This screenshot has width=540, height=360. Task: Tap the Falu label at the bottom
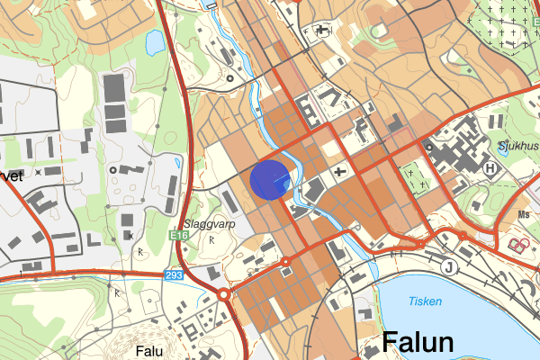[149, 351]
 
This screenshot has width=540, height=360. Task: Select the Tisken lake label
[425, 302]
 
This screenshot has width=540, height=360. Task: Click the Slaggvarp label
[202, 224]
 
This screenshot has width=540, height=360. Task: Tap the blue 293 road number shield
[174, 274]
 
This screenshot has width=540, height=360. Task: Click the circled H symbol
[490, 167]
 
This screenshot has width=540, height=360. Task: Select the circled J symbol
[449, 266]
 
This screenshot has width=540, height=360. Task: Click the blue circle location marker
[269, 178]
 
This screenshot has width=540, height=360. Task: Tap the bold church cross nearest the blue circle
[339, 171]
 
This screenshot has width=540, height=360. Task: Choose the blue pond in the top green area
[156, 41]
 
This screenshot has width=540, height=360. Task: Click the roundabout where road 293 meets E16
[223, 294]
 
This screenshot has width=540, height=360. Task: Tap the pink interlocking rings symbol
[519, 245]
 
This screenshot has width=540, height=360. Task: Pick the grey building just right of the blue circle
[313, 190]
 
